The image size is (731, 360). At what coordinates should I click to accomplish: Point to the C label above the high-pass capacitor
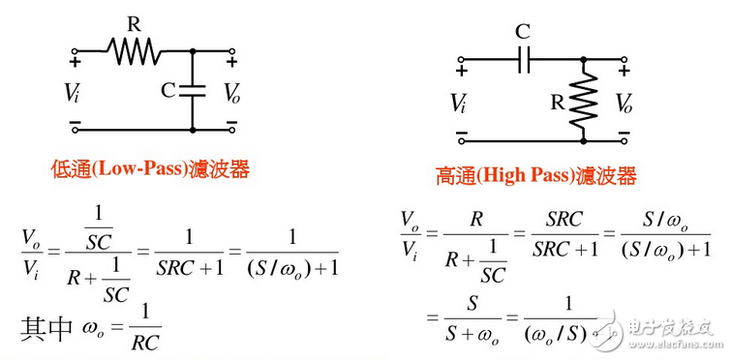[x=523, y=31]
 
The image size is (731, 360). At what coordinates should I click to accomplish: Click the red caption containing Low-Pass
[x=150, y=170]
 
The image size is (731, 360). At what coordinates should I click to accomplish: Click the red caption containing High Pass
[x=535, y=176]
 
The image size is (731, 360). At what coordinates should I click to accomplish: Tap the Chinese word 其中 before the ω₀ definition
[x=46, y=329]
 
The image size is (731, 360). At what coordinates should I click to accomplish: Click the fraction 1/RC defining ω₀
[x=145, y=329]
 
